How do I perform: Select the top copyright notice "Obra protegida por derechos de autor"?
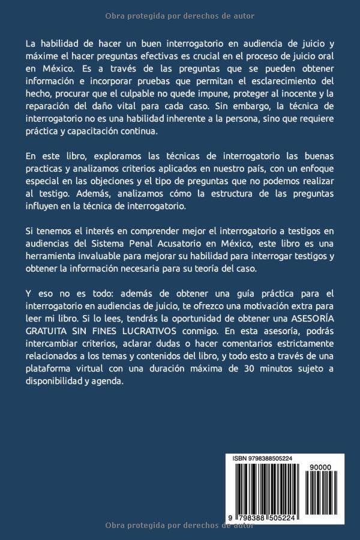179,16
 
